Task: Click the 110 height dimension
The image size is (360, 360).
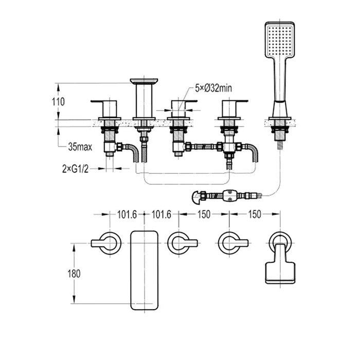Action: [58, 101]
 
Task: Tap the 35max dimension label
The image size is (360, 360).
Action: [80, 147]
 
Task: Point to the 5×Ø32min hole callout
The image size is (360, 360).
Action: [213, 88]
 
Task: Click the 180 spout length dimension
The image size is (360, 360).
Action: [74, 274]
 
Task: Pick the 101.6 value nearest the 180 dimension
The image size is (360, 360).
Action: [127, 214]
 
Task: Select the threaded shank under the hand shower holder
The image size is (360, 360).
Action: [280, 133]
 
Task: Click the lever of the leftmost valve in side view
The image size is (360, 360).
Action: [105, 101]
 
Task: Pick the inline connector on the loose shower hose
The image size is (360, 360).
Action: [229, 195]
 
